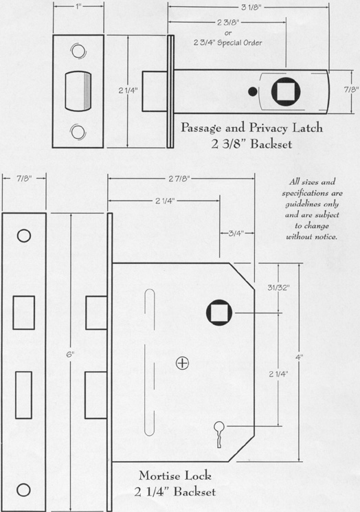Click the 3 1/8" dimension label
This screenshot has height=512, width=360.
tap(251, 7)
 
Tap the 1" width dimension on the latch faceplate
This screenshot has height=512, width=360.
tap(78, 7)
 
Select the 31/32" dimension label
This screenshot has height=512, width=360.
tap(278, 288)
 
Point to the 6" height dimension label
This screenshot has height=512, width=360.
tap(71, 355)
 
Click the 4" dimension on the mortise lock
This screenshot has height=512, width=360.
tap(300, 357)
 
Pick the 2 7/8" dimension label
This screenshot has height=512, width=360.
tap(179, 178)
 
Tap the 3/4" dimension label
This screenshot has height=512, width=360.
tap(236, 233)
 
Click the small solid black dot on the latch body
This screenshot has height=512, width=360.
tap(252, 92)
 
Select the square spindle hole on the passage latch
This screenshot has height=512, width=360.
tap(286, 92)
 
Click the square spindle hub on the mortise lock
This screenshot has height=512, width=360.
tap(219, 313)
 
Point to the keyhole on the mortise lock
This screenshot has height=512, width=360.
tap(219, 434)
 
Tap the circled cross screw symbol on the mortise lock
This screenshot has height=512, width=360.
tap(182, 363)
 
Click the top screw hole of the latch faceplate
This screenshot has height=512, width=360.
tap(78, 52)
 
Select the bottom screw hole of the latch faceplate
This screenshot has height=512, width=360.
tap(78, 132)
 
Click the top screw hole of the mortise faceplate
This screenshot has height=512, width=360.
tap(24, 236)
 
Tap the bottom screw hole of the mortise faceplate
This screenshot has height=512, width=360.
tap(23, 490)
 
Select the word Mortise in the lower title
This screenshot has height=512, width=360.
tap(157, 476)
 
